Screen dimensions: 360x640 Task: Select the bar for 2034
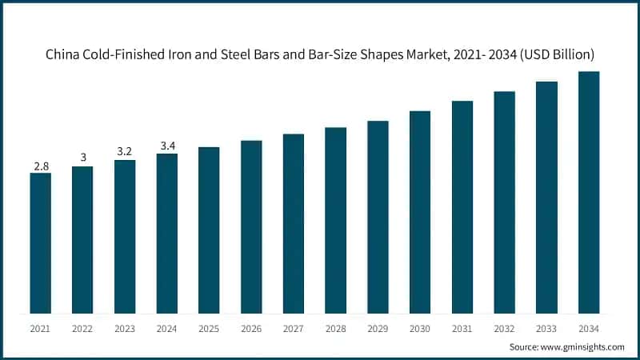click(x=589, y=192)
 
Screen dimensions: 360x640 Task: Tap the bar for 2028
click(x=335, y=220)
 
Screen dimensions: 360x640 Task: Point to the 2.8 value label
click(x=40, y=166)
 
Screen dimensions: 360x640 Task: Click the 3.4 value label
click(x=166, y=146)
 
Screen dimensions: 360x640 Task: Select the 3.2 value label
click(x=124, y=152)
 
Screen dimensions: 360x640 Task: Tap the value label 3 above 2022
click(x=82, y=158)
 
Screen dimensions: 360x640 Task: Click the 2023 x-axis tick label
click(x=124, y=328)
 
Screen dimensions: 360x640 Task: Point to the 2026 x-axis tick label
click(x=251, y=328)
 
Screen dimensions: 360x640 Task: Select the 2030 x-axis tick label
click(x=420, y=328)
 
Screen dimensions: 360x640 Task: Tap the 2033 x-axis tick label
click(x=546, y=328)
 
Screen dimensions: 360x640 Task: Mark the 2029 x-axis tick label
click(x=378, y=328)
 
